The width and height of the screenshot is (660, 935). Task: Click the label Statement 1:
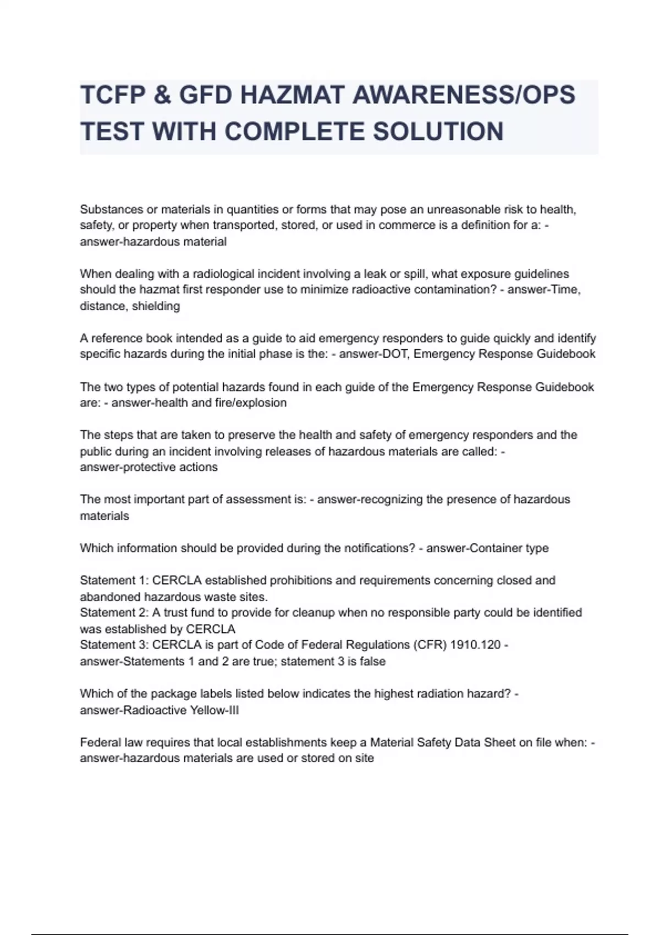pos(114,580)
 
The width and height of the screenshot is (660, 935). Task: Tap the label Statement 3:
pos(114,645)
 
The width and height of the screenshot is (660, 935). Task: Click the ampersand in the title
pos(164,95)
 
